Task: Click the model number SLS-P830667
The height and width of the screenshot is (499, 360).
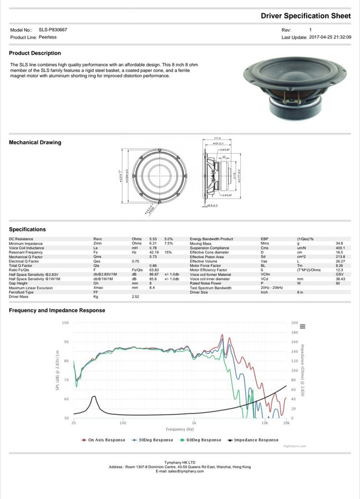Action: coord(53,30)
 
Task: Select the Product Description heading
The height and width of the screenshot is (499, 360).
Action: coord(35,53)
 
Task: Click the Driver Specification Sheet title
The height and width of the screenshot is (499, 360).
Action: coord(306,16)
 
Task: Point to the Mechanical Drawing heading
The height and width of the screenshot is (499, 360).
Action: coord(35,142)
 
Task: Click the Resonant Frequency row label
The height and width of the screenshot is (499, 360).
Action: coord(27,252)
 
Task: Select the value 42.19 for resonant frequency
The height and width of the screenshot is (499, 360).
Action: coord(154,252)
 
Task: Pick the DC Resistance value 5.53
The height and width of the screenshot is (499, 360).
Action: coord(153,239)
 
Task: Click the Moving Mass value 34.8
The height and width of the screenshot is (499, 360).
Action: coord(339,243)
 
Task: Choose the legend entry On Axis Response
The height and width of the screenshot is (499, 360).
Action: coord(107,440)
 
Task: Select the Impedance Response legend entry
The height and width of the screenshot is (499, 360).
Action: coord(256,440)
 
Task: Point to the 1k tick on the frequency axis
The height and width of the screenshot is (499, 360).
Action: coord(194,422)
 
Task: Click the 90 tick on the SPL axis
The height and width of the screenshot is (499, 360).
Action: coord(67,342)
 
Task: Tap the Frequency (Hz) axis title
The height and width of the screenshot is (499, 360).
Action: coord(180,430)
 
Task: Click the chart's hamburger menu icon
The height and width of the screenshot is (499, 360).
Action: coord(302,327)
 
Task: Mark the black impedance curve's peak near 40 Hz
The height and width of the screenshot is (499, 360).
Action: coord(94,396)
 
